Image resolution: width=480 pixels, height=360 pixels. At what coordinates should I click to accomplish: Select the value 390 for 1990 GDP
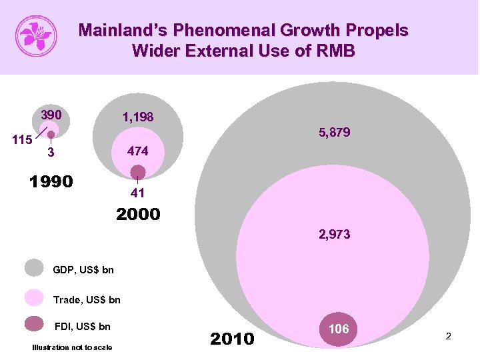point(51,115)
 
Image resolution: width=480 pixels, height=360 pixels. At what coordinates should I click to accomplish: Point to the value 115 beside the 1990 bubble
point(23,140)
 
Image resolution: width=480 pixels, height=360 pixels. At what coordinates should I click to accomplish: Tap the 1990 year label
point(51,182)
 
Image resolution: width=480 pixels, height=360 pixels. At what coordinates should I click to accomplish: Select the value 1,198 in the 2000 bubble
point(137,117)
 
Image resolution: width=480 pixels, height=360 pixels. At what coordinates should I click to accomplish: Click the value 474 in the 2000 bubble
point(137,152)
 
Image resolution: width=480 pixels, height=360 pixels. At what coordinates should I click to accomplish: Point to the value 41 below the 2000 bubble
point(137,194)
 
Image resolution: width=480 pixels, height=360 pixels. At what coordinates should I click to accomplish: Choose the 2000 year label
point(138,214)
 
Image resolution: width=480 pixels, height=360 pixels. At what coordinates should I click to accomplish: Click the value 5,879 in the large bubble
point(334,133)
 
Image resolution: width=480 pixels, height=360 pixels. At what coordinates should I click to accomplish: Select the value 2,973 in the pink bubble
point(334,235)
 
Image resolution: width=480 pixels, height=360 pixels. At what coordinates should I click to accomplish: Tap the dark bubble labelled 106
point(339,329)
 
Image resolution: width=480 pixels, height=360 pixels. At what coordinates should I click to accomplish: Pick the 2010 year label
point(232,339)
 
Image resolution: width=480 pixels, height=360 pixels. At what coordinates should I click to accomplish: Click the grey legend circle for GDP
point(34,268)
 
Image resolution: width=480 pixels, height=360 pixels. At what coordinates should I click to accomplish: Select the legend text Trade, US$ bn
point(87,300)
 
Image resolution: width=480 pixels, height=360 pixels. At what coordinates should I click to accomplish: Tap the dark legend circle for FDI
point(34,325)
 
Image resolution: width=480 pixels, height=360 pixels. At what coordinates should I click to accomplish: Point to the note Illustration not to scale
point(72,347)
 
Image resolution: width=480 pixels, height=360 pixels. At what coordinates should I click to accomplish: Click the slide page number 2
point(449,337)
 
